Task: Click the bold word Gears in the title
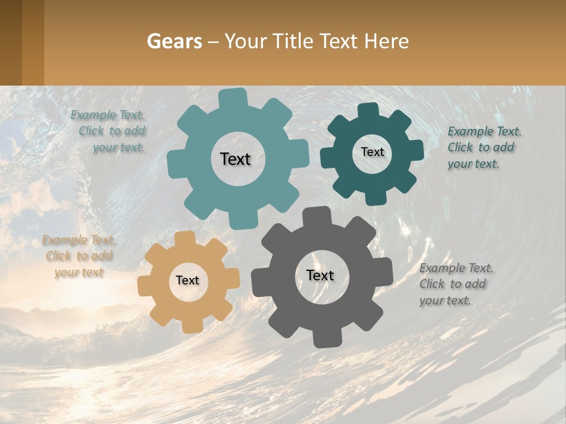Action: (x=173, y=41)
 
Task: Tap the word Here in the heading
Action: (x=386, y=41)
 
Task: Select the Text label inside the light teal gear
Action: (x=235, y=159)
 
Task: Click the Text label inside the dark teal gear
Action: (x=372, y=152)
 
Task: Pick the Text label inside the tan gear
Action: (x=187, y=280)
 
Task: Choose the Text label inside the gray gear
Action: (x=320, y=275)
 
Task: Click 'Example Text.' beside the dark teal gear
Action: (x=484, y=131)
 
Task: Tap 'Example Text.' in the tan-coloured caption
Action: (x=78, y=240)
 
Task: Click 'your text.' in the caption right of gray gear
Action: (x=445, y=300)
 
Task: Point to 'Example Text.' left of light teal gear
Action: (x=107, y=115)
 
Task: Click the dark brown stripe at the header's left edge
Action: (x=11, y=42)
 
